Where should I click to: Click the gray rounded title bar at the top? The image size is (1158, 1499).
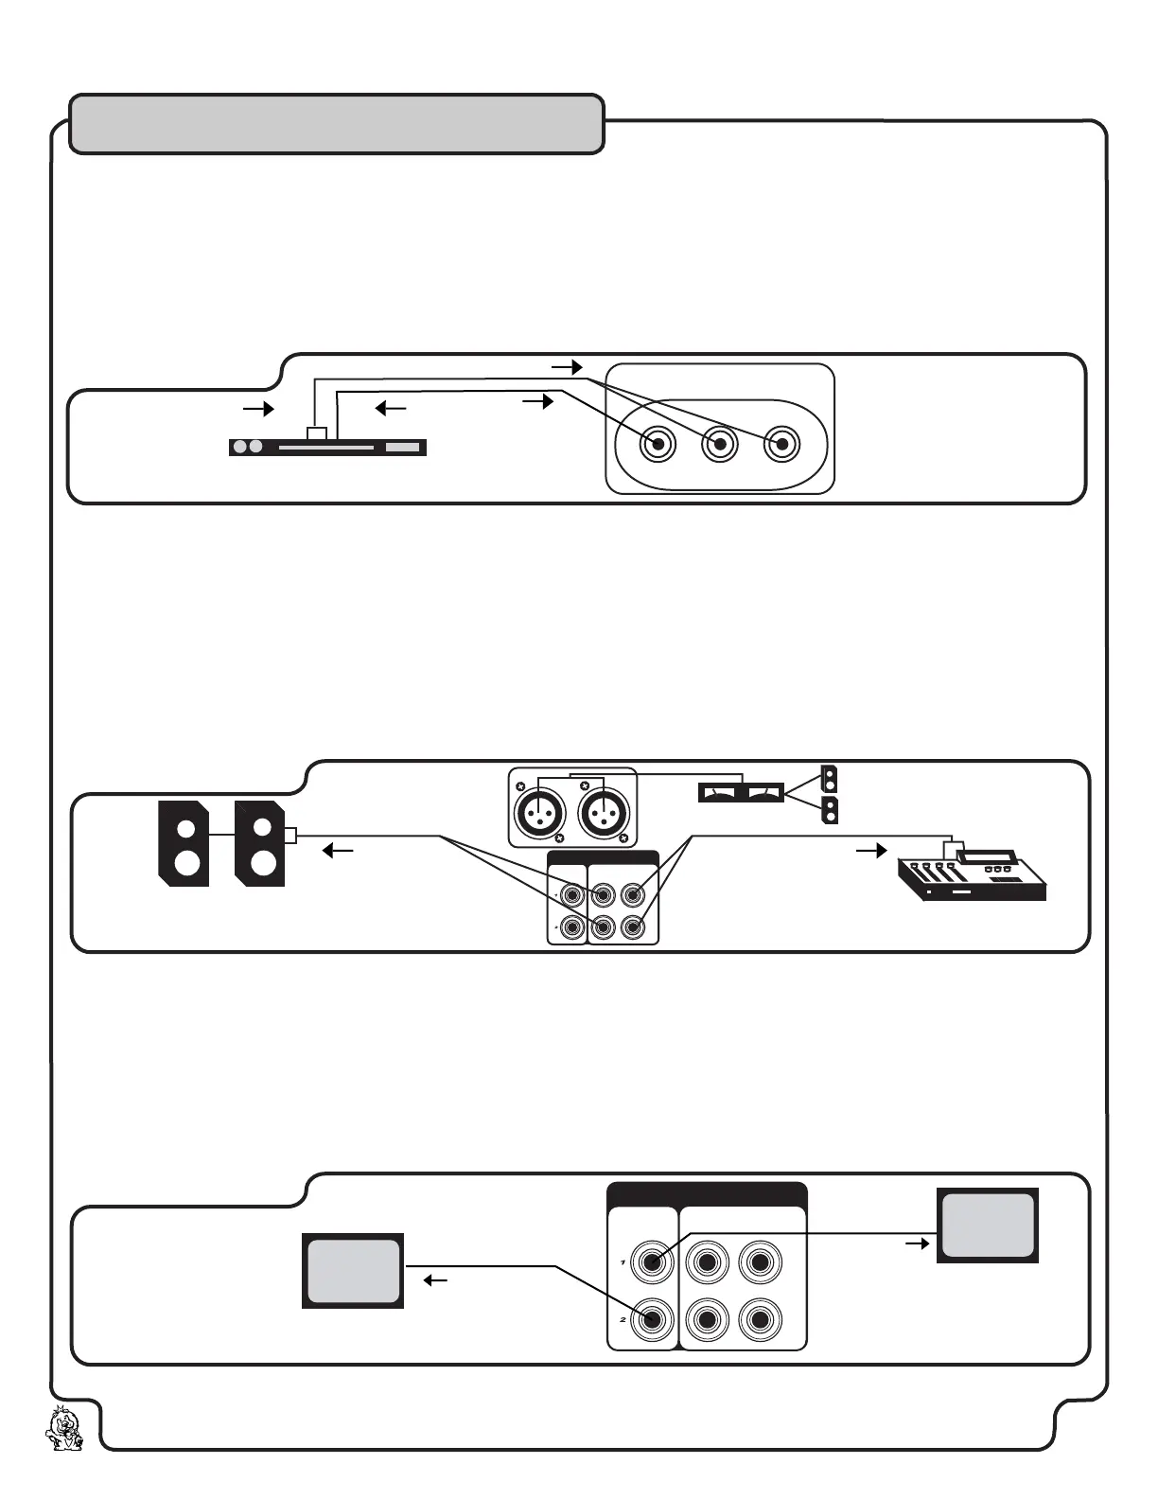[x=337, y=124]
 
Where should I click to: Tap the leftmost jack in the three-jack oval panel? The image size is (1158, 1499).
[x=658, y=444]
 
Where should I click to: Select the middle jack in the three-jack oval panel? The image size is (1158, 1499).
[x=720, y=444]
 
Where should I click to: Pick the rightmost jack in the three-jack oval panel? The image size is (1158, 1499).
[x=781, y=444]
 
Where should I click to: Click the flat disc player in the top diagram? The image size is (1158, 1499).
[x=327, y=447]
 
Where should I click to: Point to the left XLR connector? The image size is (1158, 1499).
[x=539, y=813]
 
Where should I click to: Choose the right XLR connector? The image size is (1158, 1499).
[x=604, y=813]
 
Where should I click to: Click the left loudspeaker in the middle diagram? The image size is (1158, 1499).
[x=184, y=843]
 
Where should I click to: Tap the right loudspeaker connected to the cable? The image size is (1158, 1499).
[x=260, y=843]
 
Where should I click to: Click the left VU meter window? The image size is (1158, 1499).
[x=721, y=792]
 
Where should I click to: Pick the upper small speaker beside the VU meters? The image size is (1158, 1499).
[x=830, y=779]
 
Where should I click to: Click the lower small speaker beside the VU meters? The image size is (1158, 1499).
[x=830, y=811]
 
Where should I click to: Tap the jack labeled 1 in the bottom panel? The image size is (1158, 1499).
[x=652, y=1261]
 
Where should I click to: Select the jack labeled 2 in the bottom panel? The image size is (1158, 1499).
[x=652, y=1319]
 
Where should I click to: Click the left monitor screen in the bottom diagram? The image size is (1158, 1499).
[x=353, y=1271]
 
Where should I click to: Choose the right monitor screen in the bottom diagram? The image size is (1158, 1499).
[x=988, y=1226]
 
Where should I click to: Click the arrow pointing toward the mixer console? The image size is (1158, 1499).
[x=871, y=851]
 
